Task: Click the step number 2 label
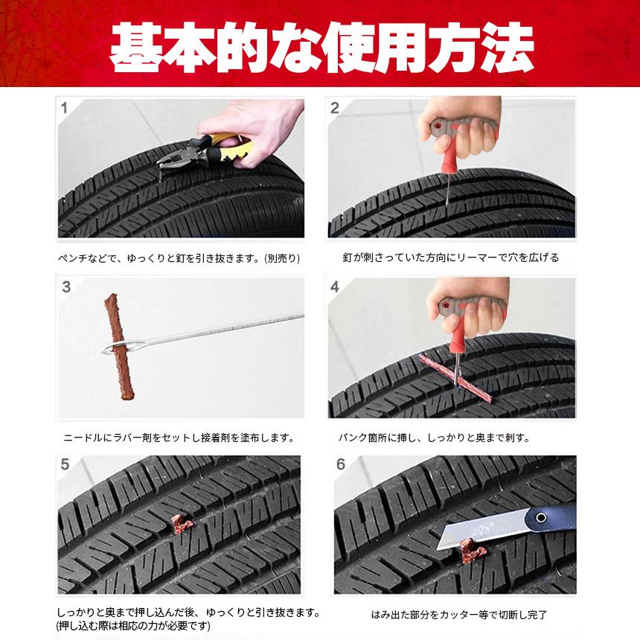pos(335,109)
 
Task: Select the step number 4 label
pos(335,287)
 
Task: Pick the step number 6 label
pos(340,464)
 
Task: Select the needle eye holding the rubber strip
pos(119,348)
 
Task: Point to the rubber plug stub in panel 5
pos(179,521)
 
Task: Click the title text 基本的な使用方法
pos(320,46)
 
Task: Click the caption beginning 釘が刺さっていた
pos(450,258)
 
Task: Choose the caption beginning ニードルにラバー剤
pos(179,437)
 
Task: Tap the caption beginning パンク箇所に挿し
pos(444,437)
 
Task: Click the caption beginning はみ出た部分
pos(459,615)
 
